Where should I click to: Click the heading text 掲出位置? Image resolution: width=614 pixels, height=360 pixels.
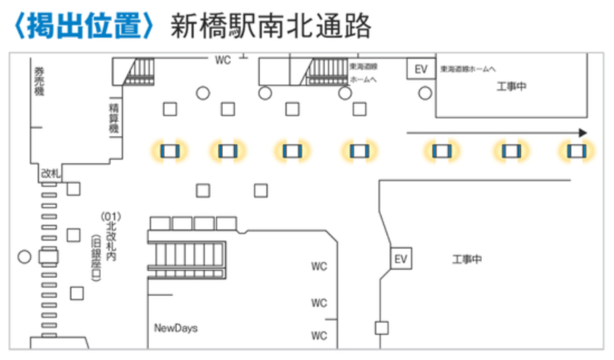pyautogui.click(x=83, y=26)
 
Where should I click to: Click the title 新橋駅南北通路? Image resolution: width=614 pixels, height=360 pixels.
pyautogui.click(x=271, y=26)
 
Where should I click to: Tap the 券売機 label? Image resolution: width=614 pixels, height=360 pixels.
pyautogui.click(x=39, y=80)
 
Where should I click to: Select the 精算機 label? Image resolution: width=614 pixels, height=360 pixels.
pyautogui.click(x=114, y=119)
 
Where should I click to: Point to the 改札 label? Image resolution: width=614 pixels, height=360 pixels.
pyautogui.click(x=50, y=172)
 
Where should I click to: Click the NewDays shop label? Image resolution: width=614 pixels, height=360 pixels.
pyautogui.click(x=176, y=328)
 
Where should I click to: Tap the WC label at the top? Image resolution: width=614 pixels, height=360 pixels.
pyautogui.click(x=223, y=60)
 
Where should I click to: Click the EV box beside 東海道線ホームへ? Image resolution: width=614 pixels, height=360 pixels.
pyautogui.click(x=421, y=69)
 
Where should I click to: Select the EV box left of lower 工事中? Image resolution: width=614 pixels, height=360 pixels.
pyautogui.click(x=401, y=259)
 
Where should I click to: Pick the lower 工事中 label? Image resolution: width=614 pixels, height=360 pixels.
pyautogui.click(x=466, y=260)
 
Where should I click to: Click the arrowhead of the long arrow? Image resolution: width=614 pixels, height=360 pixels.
pyautogui.click(x=582, y=133)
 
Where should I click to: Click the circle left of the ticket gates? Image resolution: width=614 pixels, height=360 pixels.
pyautogui.click(x=25, y=256)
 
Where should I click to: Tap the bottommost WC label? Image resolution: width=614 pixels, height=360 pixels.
pyautogui.click(x=320, y=335)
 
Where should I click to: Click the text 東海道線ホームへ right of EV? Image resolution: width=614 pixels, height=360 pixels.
pyautogui.click(x=469, y=69)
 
